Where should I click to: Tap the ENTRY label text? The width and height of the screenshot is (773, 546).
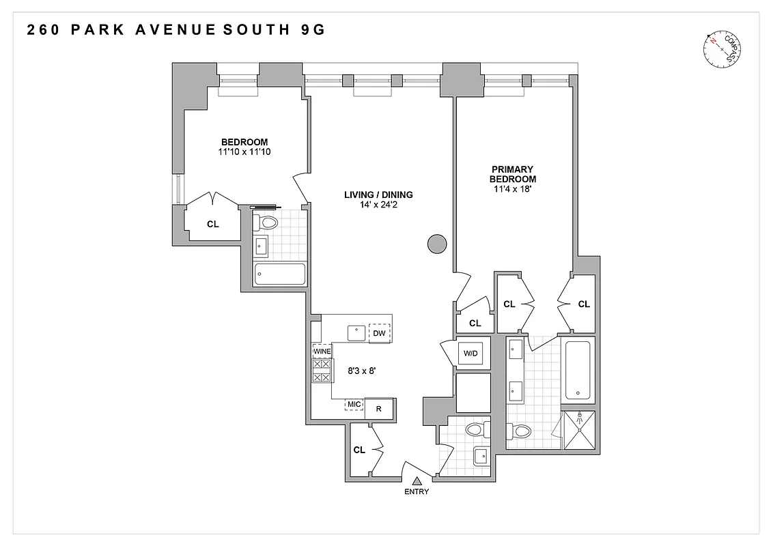click(417, 491)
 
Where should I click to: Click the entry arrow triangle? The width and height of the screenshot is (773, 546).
click(416, 481)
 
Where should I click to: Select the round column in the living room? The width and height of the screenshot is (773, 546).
click(436, 244)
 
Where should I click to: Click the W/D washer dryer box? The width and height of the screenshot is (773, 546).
click(470, 354)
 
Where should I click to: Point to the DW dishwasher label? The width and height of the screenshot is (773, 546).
click(380, 333)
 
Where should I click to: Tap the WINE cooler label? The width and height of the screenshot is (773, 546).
click(322, 351)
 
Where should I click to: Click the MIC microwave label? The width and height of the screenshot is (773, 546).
click(354, 404)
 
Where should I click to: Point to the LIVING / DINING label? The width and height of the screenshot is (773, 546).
click(378, 195)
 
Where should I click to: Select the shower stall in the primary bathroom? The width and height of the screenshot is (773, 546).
click(578, 430)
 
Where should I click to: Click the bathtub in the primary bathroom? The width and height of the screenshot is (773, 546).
click(578, 371)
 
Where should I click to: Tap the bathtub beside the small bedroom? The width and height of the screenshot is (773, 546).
click(280, 274)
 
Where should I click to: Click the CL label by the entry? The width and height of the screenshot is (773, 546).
click(359, 450)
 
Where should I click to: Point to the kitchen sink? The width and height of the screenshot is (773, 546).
click(356, 333)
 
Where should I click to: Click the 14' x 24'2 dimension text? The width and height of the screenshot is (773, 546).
click(378, 205)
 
